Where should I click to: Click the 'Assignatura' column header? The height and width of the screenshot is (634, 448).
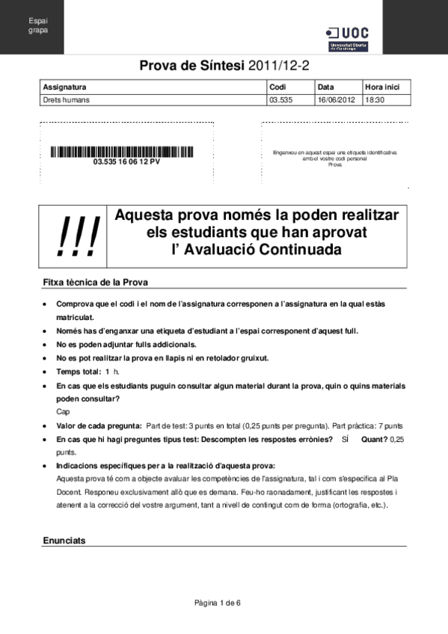(65, 87)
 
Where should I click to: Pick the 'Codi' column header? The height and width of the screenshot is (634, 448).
(278, 87)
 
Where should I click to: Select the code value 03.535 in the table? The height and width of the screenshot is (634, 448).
(281, 99)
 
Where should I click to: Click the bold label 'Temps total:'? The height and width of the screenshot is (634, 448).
(79, 372)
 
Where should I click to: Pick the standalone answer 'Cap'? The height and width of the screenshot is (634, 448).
(63, 411)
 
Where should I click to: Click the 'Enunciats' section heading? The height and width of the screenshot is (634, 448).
(64, 540)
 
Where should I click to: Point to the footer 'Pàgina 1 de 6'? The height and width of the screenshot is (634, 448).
(218, 603)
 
